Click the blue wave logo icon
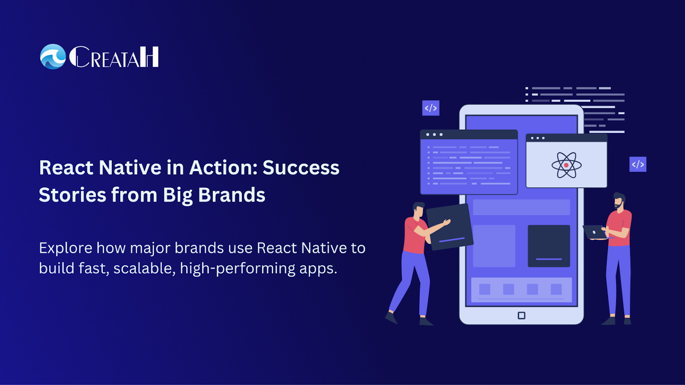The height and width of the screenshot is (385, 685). (53, 56)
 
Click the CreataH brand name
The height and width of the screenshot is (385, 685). (114, 57)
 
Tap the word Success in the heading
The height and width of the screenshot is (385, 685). (301, 167)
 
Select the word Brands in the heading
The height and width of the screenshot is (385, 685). (232, 195)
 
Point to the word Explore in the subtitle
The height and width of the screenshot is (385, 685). (66, 248)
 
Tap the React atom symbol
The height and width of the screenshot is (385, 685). (566, 165)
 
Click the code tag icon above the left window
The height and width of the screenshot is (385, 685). (431, 108)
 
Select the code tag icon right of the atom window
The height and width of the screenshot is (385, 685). (637, 164)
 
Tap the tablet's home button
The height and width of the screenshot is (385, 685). (521, 315)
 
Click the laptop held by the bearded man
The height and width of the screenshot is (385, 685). (595, 232)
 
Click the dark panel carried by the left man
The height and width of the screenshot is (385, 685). (450, 227)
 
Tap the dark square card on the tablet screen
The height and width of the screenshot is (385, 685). (549, 246)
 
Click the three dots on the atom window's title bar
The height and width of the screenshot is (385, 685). (538, 138)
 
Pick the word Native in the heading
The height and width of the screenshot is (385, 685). (130, 167)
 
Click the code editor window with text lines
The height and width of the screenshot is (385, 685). (469, 162)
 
